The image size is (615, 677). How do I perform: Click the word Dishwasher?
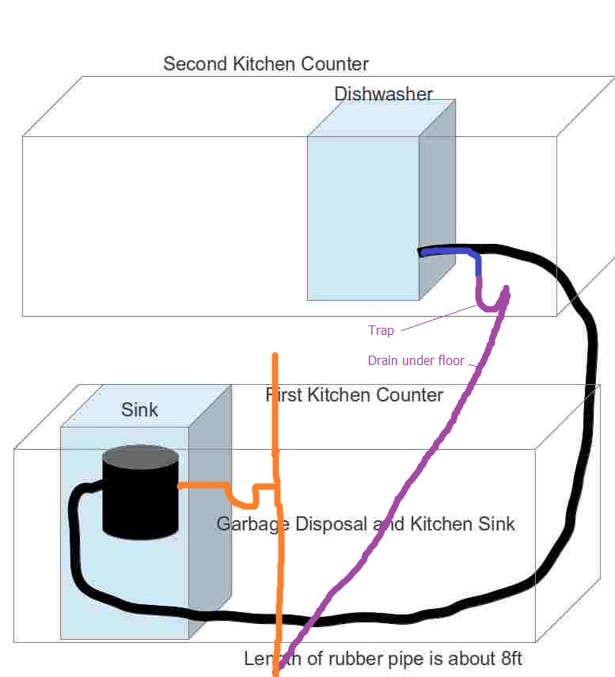point(383,94)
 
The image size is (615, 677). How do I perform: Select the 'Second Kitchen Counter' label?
point(265,63)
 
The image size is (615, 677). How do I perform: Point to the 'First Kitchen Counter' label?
point(355,394)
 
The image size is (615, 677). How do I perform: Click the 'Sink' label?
point(139,409)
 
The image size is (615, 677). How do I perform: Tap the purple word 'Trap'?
point(381,330)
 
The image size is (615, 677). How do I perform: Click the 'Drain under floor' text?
point(416,360)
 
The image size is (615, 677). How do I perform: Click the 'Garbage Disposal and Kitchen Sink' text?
point(366,524)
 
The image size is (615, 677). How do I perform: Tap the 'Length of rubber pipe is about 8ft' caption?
point(383,659)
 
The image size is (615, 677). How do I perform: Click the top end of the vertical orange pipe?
point(275,356)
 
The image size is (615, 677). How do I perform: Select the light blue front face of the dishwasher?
point(363,214)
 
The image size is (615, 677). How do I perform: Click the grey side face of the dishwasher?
point(437,198)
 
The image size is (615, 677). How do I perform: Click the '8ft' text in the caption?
point(506,659)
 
